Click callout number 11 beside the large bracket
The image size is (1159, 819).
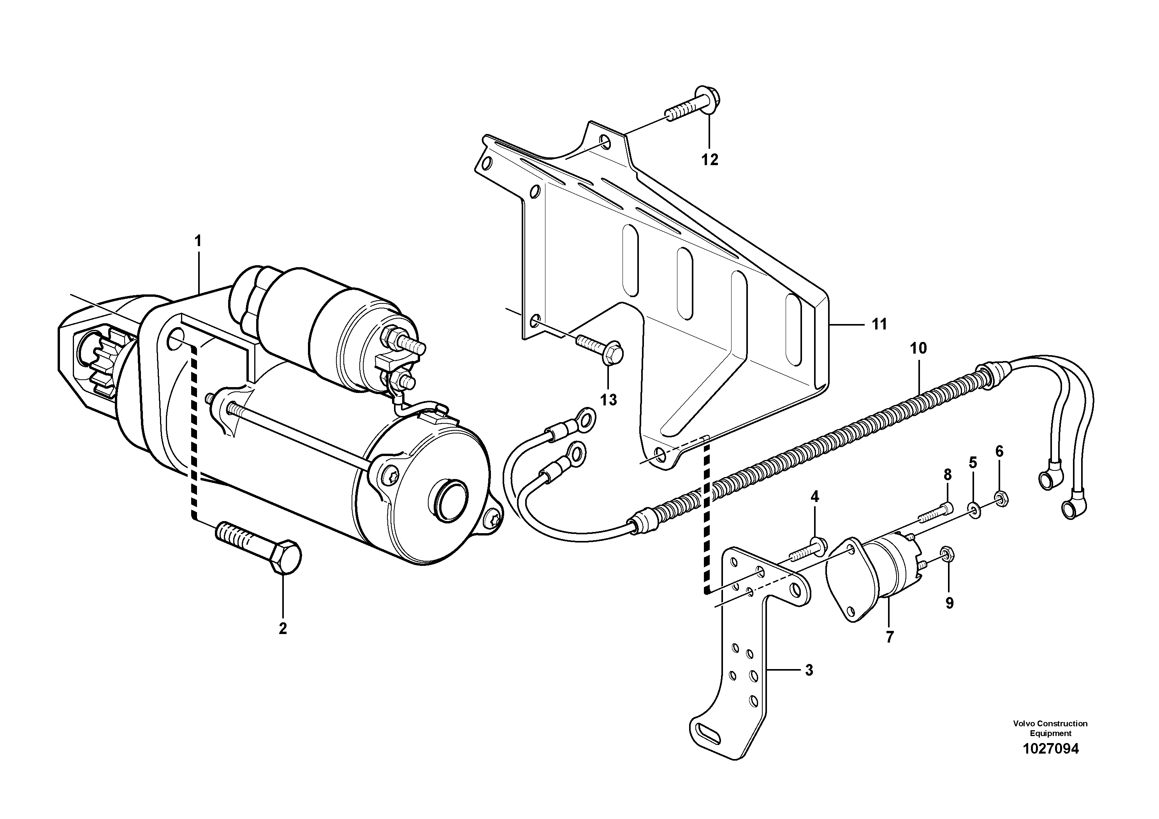click(x=879, y=324)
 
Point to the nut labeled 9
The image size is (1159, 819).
click(x=948, y=555)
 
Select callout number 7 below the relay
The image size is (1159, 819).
click(x=890, y=637)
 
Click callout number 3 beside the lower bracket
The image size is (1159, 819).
click(x=809, y=670)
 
